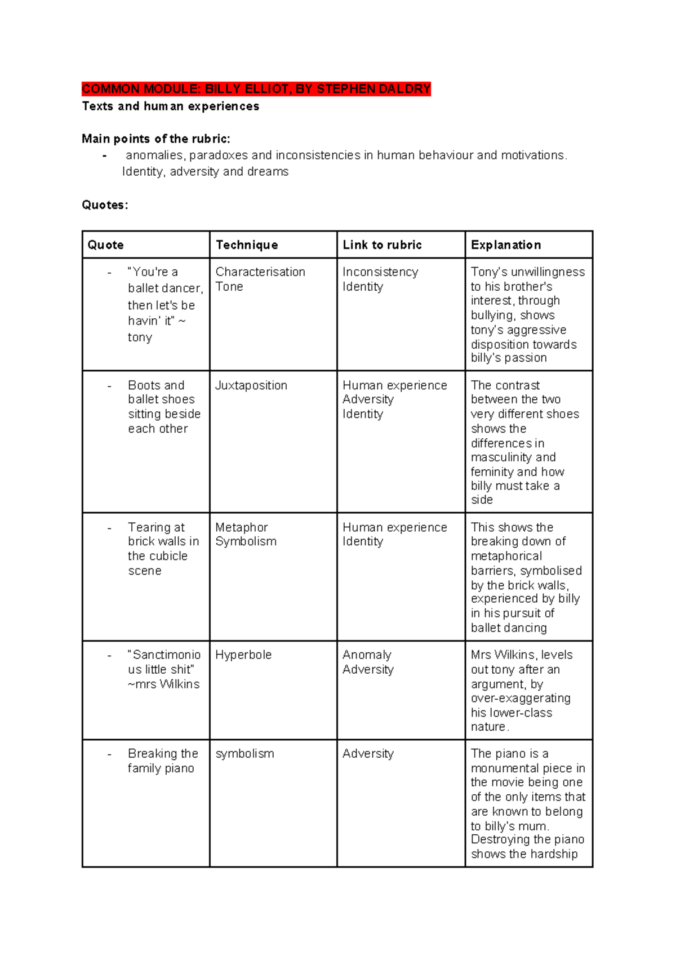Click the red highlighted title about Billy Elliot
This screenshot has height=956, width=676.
click(x=256, y=89)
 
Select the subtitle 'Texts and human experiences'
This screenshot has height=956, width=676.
click(x=170, y=106)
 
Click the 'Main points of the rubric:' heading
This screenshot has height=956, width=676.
click(x=155, y=139)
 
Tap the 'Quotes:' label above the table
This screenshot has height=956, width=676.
click(x=105, y=205)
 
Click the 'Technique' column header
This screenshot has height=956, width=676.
click(x=247, y=245)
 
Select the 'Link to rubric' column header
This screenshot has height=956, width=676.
click(x=382, y=245)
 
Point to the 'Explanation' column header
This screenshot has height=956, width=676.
click(x=506, y=245)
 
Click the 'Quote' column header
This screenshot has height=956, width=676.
click(x=105, y=245)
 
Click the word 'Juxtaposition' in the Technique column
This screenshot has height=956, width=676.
click(x=251, y=385)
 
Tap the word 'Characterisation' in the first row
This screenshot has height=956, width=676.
click(x=260, y=272)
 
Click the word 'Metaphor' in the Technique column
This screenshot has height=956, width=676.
click(x=242, y=527)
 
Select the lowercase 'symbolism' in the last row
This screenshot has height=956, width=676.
click(x=244, y=754)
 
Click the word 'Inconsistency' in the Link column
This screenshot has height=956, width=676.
click(x=380, y=272)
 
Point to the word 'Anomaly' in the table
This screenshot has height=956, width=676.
click(x=367, y=655)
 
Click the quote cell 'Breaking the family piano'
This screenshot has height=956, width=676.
click(x=162, y=761)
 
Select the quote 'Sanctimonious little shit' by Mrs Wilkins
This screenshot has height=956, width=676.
click(x=163, y=669)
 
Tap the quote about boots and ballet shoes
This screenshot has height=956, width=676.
click(x=163, y=407)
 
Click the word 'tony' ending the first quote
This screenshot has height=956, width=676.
click(x=140, y=337)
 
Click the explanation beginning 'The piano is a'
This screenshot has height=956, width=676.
click(x=527, y=803)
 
